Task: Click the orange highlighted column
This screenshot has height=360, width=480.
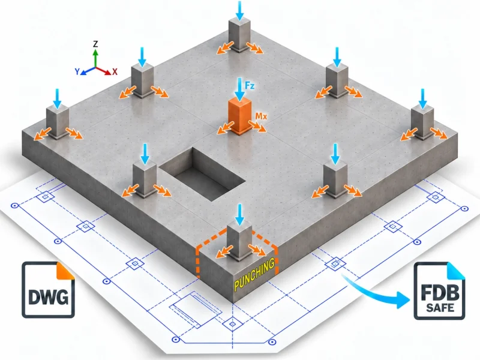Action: coord(239,116)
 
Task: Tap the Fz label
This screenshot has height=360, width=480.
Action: coord(250,85)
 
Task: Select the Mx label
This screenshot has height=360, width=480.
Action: coord(261,116)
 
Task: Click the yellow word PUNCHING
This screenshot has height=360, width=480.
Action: coord(254,274)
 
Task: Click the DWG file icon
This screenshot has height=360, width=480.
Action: coord(49,290)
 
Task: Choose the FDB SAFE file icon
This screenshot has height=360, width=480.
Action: coord(440,291)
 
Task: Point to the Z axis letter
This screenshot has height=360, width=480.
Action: coord(95,44)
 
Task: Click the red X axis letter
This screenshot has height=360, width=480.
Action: coord(115,71)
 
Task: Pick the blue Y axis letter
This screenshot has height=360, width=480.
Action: coord(77,71)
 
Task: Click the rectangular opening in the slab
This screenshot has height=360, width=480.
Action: coord(203,173)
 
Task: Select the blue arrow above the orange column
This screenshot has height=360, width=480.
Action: coord(240,89)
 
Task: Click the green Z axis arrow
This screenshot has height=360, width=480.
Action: coord(95,58)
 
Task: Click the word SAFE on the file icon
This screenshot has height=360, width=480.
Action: coord(440,307)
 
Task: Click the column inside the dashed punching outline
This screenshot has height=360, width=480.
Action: coord(239,242)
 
